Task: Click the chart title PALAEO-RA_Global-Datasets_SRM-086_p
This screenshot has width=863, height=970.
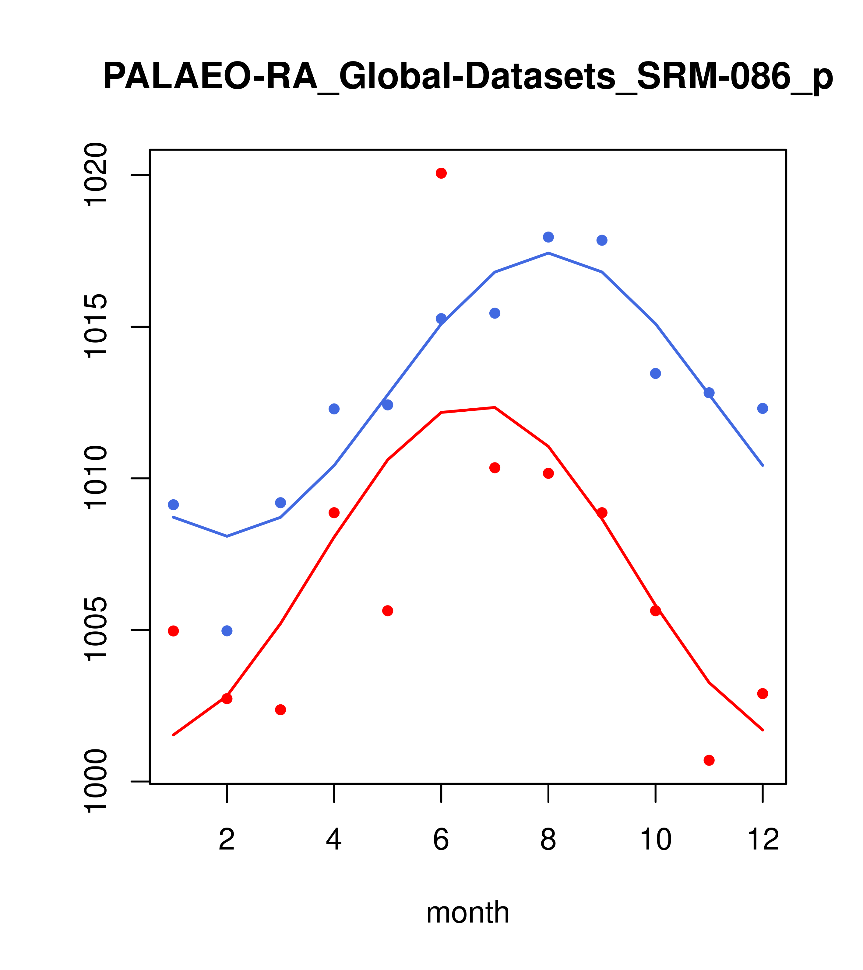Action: click(468, 77)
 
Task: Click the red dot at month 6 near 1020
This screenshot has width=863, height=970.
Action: click(441, 173)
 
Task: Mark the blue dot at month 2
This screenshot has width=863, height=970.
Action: click(227, 631)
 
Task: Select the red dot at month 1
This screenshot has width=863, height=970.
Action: click(173, 631)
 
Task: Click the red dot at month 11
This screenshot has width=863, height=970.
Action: click(709, 760)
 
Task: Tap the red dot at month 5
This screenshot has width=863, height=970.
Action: click(388, 611)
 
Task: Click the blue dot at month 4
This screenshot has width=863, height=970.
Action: click(334, 409)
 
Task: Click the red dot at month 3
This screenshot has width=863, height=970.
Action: click(281, 710)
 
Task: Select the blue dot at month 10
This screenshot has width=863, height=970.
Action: click(655, 373)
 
